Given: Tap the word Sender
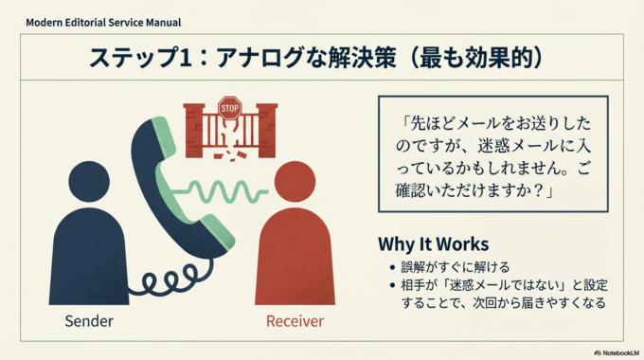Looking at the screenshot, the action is click(89, 320).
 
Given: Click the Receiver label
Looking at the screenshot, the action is click(295, 320).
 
